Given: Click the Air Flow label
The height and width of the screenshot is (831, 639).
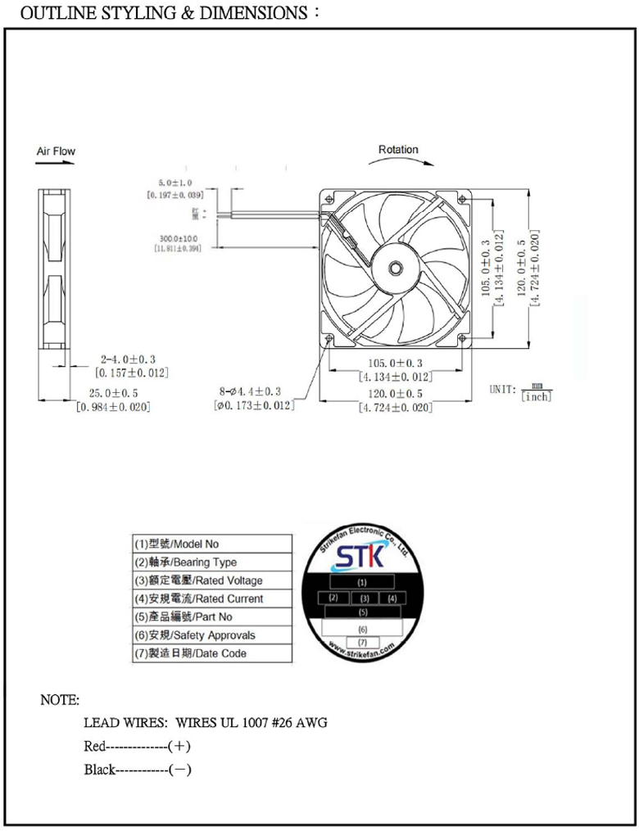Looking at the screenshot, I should [56, 151].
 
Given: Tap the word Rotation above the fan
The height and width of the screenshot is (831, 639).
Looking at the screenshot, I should [398, 150].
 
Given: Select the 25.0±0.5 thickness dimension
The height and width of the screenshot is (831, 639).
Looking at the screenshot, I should [113, 394].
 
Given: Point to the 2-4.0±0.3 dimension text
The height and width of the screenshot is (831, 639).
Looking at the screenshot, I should [128, 359].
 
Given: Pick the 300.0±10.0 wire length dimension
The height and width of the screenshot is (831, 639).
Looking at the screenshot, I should [178, 238].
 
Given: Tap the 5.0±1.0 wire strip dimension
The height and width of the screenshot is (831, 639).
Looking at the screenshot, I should [175, 183].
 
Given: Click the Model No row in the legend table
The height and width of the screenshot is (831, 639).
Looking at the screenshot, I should [211, 544].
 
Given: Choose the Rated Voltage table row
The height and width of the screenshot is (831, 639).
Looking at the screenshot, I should [211, 580].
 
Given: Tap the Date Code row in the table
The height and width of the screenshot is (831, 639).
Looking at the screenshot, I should [211, 653].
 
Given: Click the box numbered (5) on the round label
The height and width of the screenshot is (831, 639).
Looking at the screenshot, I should [362, 612].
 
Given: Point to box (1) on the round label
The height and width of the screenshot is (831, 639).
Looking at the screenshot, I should [361, 581].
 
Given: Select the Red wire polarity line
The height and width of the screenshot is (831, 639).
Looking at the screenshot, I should [137, 747].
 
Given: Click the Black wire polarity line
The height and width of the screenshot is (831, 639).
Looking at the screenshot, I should [137, 770].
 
